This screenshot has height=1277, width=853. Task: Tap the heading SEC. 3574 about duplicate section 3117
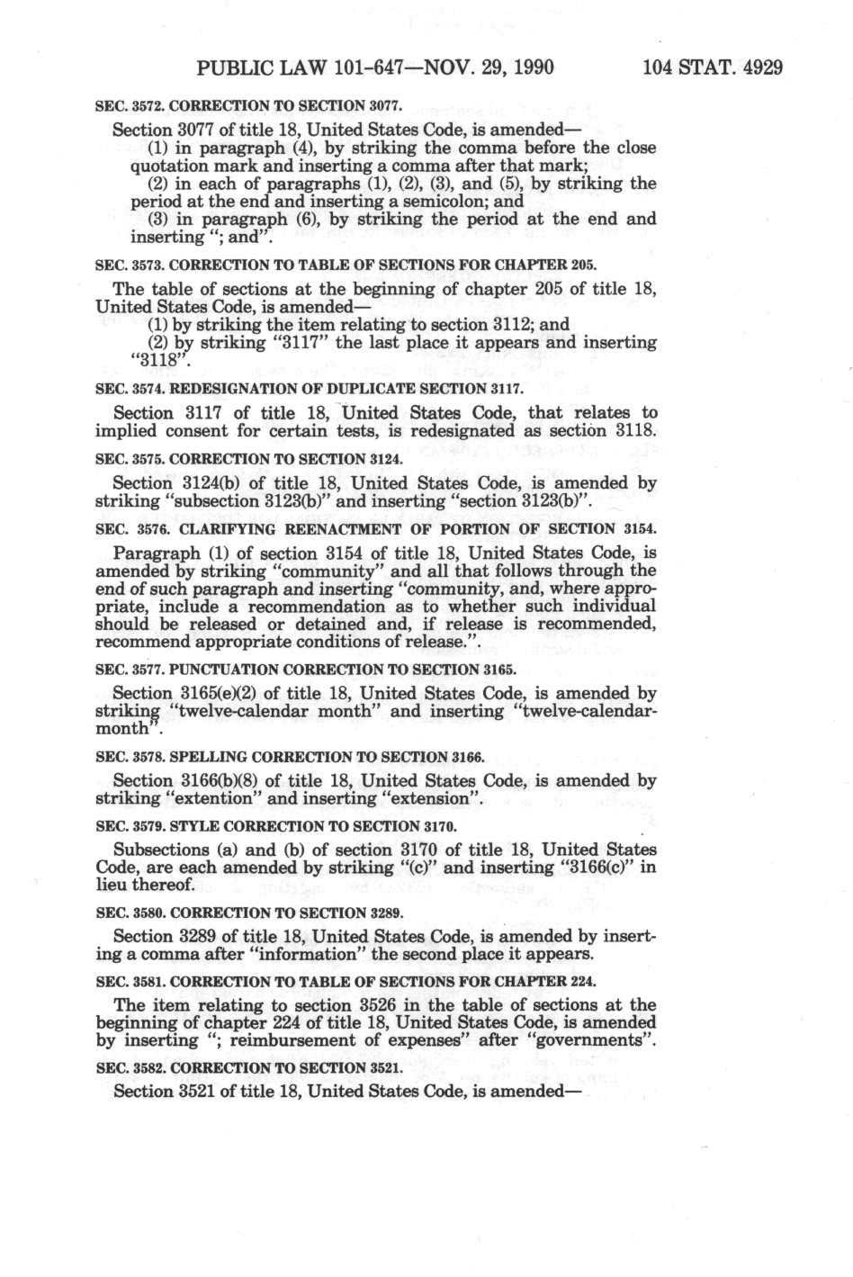(x=309, y=389)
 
